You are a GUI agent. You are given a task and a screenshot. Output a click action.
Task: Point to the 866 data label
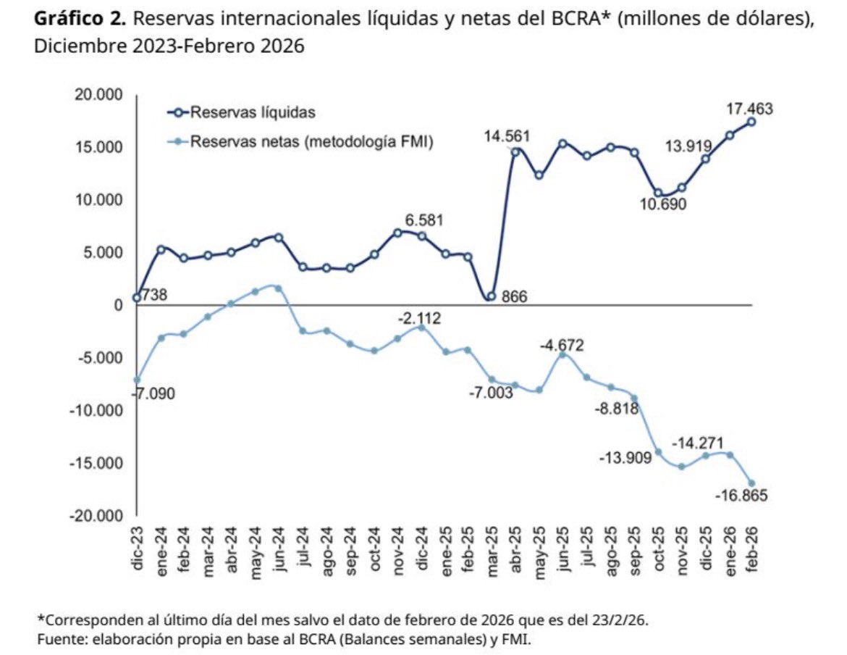515,296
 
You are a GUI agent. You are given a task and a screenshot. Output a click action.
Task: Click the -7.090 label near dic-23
155,394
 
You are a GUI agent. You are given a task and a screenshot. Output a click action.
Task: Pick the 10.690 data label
662,204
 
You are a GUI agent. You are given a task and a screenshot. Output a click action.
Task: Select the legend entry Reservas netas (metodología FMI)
311,143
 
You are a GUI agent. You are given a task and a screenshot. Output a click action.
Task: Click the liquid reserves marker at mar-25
491,296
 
